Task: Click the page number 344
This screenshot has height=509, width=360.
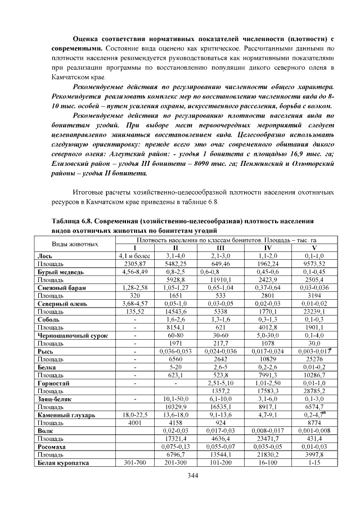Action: (193, 475)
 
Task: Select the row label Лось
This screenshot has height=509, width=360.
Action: (45, 256)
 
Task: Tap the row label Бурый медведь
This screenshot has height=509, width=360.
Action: (61, 272)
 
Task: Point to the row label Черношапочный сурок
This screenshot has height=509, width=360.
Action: (73, 335)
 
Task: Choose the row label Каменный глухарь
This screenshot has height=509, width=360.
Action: (66, 415)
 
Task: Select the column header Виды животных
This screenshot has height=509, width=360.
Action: (75, 244)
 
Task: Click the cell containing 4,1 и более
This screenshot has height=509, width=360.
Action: (135, 256)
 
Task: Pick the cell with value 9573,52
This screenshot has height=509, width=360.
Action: (314, 264)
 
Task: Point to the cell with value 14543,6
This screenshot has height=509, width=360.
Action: (175, 311)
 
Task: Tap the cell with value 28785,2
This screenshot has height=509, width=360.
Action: (314, 391)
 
